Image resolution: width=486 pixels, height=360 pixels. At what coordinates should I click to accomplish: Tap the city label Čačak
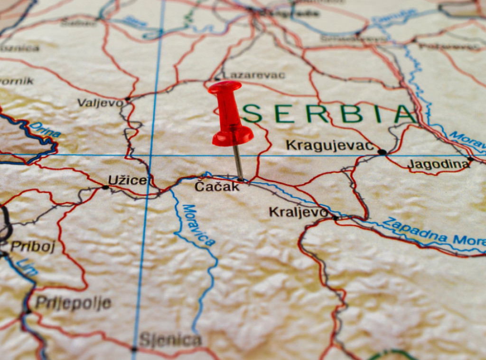tap(217, 187)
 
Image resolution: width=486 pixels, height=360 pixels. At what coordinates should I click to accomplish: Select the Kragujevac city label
tap(330, 145)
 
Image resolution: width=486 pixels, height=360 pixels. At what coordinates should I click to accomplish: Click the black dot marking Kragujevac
tap(381, 152)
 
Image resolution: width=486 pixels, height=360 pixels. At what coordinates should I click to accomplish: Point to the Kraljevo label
tap(298, 212)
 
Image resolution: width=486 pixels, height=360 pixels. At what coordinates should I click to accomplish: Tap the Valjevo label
tap(100, 103)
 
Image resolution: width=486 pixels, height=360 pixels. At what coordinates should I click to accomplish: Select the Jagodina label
tap(438, 164)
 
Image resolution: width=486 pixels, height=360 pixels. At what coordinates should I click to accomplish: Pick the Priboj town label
tap(33, 246)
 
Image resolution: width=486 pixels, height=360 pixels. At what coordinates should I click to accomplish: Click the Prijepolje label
tap(73, 303)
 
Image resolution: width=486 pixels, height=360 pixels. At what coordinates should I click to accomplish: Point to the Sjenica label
tap(170, 340)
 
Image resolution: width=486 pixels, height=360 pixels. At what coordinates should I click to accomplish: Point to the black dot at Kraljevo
tap(336, 218)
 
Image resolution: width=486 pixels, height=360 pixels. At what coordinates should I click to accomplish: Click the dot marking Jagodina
tap(470, 159)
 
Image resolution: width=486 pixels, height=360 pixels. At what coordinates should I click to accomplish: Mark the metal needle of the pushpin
tap(238, 162)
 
